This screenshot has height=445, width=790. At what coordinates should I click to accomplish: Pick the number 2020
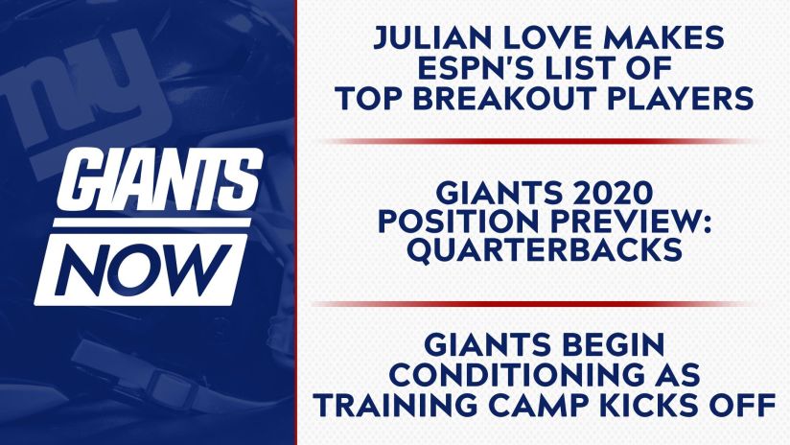coord(610,193)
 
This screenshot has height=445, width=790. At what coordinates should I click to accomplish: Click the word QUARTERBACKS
coord(545,251)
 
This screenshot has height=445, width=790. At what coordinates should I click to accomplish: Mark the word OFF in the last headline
coord(742,405)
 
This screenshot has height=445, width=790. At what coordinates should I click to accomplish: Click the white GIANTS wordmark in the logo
coord(160,180)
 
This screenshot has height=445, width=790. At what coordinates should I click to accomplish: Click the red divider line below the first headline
coord(539,142)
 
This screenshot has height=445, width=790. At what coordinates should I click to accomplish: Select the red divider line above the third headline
coord(534,304)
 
